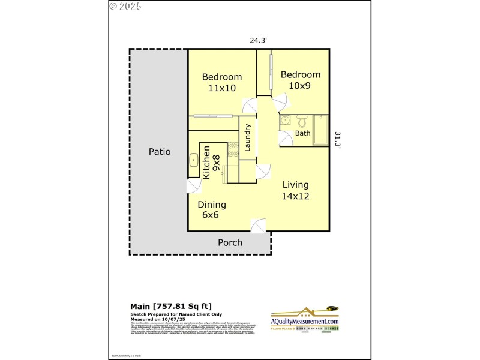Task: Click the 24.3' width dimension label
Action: coord(259,41)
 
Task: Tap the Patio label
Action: coord(160,152)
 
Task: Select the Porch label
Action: coord(230,242)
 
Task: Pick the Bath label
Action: coord(303,133)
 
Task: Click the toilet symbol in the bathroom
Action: coord(302,120)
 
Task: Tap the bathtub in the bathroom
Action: coord(320,130)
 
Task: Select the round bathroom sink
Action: coord(286,120)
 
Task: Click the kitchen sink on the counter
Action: coord(194,160)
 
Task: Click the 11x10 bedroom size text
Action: coord(222,88)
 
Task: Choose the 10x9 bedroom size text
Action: coord(300,86)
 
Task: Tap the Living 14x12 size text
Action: coord(296,196)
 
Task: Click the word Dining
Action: coord(212,204)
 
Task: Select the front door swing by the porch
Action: coord(259,226)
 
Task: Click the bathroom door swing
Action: coord(286,139)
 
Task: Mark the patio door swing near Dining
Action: coord(194,185)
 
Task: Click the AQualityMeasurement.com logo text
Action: coord(305,322)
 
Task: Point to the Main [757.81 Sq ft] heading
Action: coord(171,306)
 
